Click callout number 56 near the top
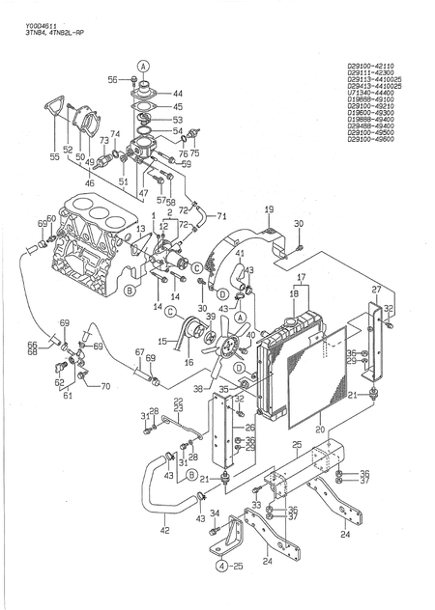coord(111,78)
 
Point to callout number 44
coord(178,94)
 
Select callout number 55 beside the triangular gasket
coord(54,155)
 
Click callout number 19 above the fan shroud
coord(269,208)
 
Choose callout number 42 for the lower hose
coord(164,530)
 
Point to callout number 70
coord(104,387)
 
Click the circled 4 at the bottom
coord(221,566)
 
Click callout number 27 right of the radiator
coord(376,289)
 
